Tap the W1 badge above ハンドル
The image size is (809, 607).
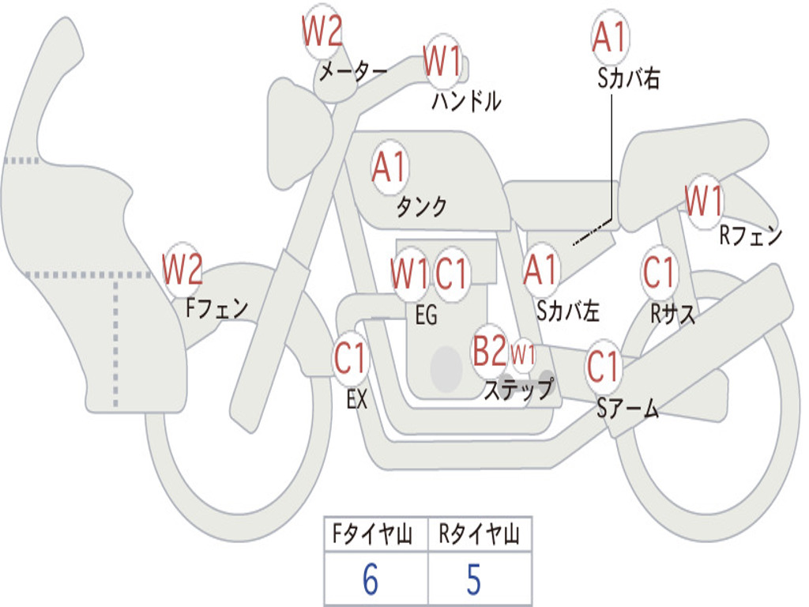442,62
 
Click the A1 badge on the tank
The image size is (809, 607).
389,168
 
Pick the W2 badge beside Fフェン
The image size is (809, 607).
182,270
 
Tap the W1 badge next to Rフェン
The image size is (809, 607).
703,202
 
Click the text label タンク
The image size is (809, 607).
421,207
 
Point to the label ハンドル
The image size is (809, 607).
466,100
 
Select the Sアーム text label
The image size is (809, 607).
627,409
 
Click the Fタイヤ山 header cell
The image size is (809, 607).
375,537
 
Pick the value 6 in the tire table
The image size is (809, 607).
370,580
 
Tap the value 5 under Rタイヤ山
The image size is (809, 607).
474,580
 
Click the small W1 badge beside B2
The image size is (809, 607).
523,354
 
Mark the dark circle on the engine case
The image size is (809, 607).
446,368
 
